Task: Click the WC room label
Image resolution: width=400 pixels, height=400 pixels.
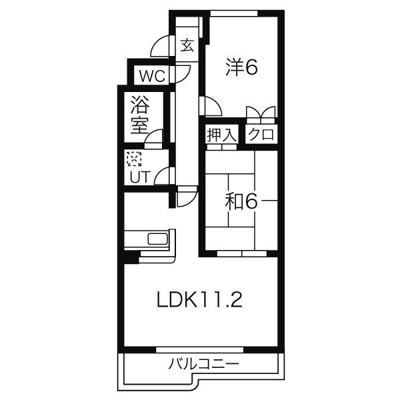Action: pos(152,76)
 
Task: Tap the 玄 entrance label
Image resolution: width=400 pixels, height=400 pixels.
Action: pos(187,45)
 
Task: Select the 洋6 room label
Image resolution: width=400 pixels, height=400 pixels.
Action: pos(241,67)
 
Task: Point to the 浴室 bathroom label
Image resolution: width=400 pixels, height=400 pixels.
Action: pos(140,115)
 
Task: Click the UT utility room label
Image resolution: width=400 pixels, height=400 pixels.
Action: pos(140,177)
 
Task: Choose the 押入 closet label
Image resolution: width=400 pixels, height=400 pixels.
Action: pos(222,135)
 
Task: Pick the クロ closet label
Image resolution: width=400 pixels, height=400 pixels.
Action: pos(261,134)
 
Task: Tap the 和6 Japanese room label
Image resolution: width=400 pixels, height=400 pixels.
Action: pos(241,201)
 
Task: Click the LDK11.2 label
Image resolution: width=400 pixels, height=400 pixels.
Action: pos(199,300)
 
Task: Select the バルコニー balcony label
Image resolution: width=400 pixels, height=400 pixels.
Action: pos(203,364)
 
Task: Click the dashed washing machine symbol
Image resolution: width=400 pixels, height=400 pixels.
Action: pos(134,159)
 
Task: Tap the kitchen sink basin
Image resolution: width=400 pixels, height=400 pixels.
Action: pos(157,239)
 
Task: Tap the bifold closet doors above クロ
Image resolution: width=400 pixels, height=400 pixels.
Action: pos(261,112)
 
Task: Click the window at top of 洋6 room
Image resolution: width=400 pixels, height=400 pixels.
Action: pos(234,13)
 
